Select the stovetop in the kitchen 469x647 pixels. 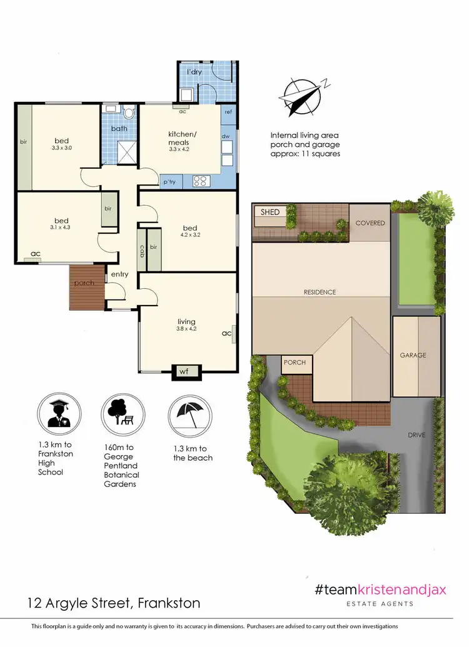click(x=201, y=181)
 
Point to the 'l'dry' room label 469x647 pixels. click(x=194, y=72)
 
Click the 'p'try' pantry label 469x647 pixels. click(x=169, y=181)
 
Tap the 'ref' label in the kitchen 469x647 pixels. click(x=228, y=113)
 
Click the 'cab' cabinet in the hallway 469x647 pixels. click(x=142, y=251)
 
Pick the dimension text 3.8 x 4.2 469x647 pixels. click(x=187, y=329)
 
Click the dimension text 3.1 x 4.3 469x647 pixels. click(x=61, y=228)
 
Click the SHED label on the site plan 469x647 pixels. click(x=270, y=213)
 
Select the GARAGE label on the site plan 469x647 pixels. click(x=413, y=355)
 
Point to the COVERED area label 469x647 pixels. click(x=370, y=223)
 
